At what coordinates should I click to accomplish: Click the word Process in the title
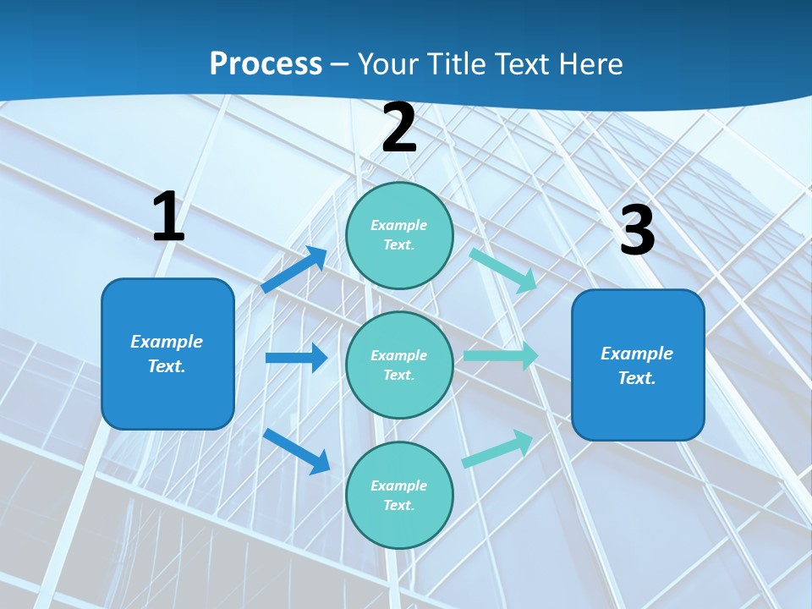pos(266,63)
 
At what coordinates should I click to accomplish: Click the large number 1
pos(168,217)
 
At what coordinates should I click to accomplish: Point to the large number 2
pos(399,129)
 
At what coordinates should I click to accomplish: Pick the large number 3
pos(637,230)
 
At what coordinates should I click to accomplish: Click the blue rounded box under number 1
pos(167,354)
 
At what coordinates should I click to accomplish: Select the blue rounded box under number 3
pos(638,365)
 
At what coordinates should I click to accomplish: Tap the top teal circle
pos(399,235)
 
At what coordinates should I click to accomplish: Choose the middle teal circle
pos(399,365)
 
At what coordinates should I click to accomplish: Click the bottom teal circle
pos(399,495)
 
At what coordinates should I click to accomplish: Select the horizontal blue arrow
pos(296,358)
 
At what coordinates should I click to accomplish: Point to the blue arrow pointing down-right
pos(297,451)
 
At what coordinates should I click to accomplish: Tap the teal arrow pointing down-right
pos(503,270)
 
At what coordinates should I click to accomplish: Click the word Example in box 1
pos(167,342)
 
